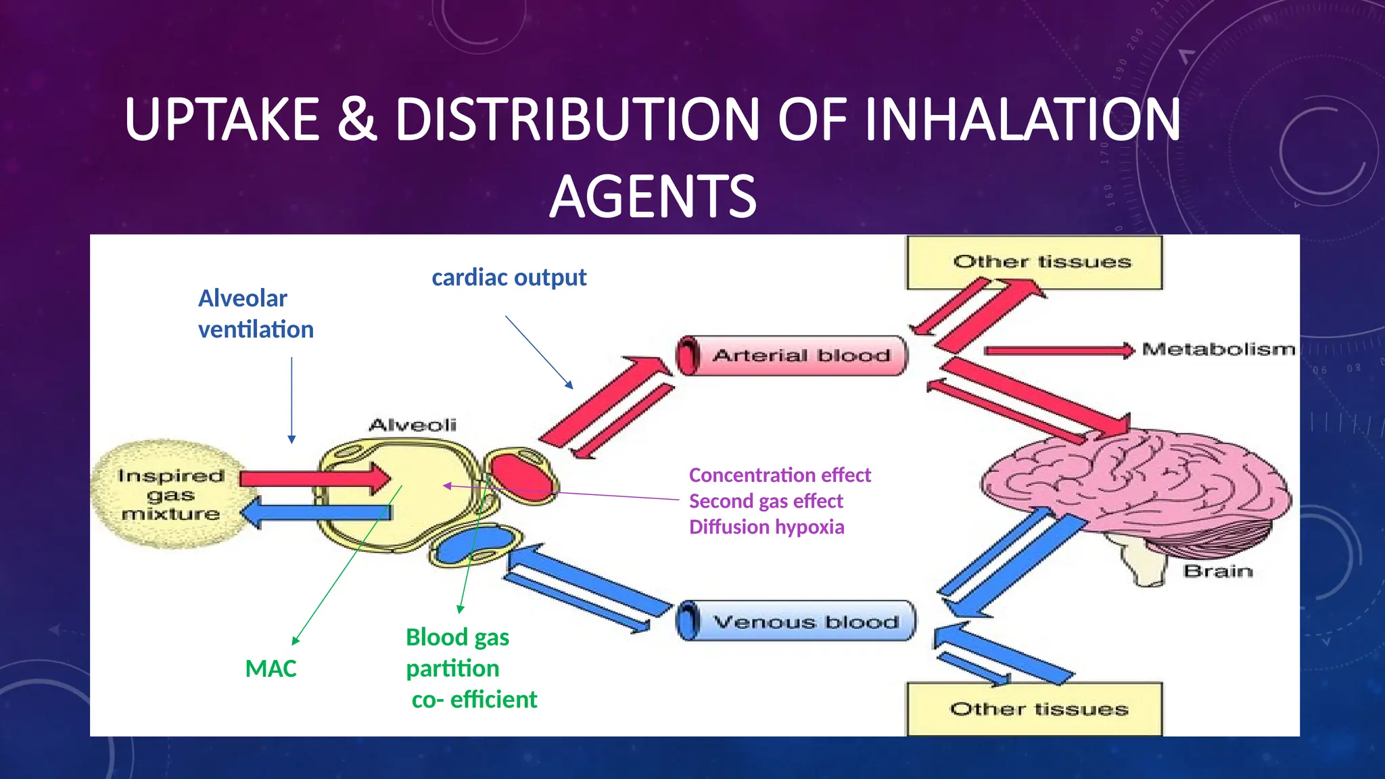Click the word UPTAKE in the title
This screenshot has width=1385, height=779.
click(x=222, y=120)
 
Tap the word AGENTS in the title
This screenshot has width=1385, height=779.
click(x=653, y=197)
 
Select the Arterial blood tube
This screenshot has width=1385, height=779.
click(x=793, y=356)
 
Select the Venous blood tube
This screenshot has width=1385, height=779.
click(x=797, y=621)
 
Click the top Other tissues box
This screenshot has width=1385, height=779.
click(x=1034, y=262)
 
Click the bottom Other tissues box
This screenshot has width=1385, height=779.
click(x=1034, y=709)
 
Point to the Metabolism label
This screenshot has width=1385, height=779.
click(x=1218, y=350)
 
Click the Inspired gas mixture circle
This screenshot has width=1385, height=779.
click(x=169, y=494)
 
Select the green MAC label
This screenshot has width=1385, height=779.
click(x=271, y=669)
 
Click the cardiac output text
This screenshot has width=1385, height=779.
click(x=509, y=277)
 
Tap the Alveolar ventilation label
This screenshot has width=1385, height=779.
click(x=255, y=314)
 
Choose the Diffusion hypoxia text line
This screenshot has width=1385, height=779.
click(x=766, y=527)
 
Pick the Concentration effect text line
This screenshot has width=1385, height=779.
click(x=779, y=475)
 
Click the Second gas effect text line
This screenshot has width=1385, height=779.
click(x=766, y=501)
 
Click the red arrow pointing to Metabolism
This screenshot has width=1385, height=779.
click(x=1058, y=350)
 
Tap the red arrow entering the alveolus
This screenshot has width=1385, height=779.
click(x=314, y=478)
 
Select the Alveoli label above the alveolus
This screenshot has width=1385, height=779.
click(x=413, y=425)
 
